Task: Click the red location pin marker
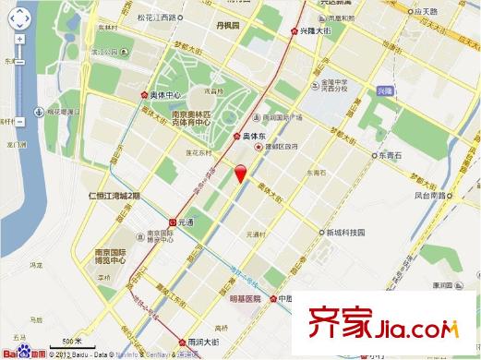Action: pos(242,173)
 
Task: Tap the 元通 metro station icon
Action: pos(174,222)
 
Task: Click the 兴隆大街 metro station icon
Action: pos(295,31)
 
